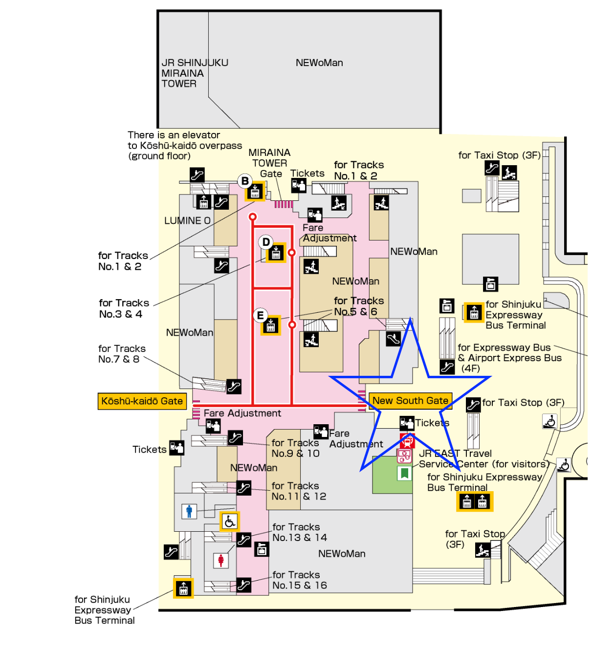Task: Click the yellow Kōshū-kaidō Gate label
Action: tap(142, 401)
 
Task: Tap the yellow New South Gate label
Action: tap(410, 401)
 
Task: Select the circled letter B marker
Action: tap(245, 181)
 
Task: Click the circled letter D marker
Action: tap(266, 242)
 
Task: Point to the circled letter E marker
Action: tap(261, 315)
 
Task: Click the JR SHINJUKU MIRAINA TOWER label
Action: tap(195, 73)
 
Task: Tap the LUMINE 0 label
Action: tap(187, 221)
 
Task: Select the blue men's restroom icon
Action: tap(189, 511)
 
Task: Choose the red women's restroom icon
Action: tap(221, 560)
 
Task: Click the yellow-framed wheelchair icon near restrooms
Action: tap(230, 521)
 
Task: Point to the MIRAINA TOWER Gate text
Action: tap(269, 163)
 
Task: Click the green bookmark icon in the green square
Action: tap(404, 473)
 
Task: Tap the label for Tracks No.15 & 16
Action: tap(299, 580)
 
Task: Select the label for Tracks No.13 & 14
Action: tap(299, 532)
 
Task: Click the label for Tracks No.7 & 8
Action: tap(122, 354)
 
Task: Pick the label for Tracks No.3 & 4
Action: tap(124, 308)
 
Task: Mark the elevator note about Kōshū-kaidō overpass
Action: tap(184, 146)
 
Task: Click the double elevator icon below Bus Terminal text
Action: tap(475, 502)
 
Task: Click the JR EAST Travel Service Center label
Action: tap(482, 459)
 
